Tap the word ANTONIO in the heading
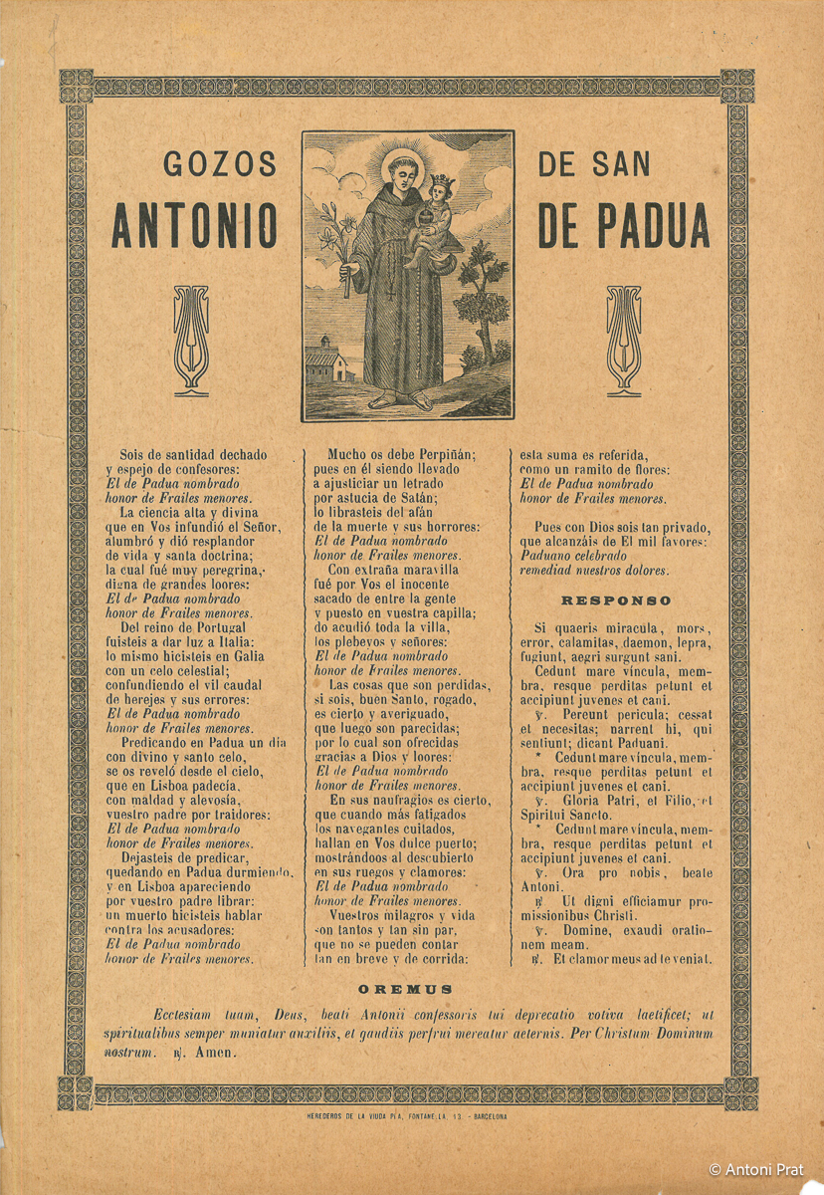[x=193, y=226]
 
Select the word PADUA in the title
[x=653, y=226]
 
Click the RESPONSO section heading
[x=616, y=601]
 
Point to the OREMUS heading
[x=405, y=989]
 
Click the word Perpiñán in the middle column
[x=441, y=455]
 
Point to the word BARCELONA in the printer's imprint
[x=482, y=1116]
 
